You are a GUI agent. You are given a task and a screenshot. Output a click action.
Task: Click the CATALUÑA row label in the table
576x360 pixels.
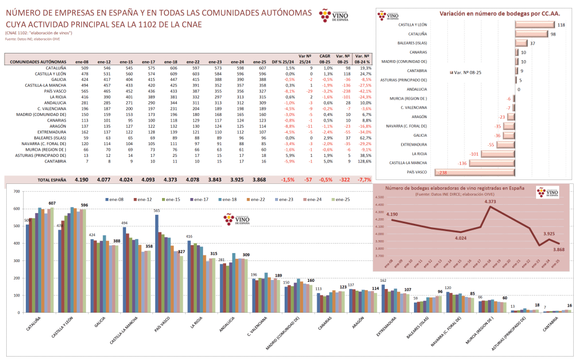[x=54, y=67]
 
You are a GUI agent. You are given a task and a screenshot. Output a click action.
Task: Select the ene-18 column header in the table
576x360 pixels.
[x=170, y=61]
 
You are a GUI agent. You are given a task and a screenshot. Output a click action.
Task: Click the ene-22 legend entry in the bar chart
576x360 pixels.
[x=256, y=199]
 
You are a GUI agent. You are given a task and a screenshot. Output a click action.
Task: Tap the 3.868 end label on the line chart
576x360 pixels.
[x=558, y=249]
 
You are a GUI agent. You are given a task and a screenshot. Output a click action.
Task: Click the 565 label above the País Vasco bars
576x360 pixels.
[x=157, y=211]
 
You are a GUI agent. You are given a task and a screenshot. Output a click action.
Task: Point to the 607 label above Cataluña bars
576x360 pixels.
[x=52, y=203]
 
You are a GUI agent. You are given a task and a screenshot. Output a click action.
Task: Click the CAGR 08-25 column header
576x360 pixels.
[x=325, y=59]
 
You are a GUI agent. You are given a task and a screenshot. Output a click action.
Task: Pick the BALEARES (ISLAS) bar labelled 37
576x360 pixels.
[x=521, y=43]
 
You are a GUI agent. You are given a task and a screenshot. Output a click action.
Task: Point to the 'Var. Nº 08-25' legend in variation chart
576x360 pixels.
[x=469, y=73]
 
